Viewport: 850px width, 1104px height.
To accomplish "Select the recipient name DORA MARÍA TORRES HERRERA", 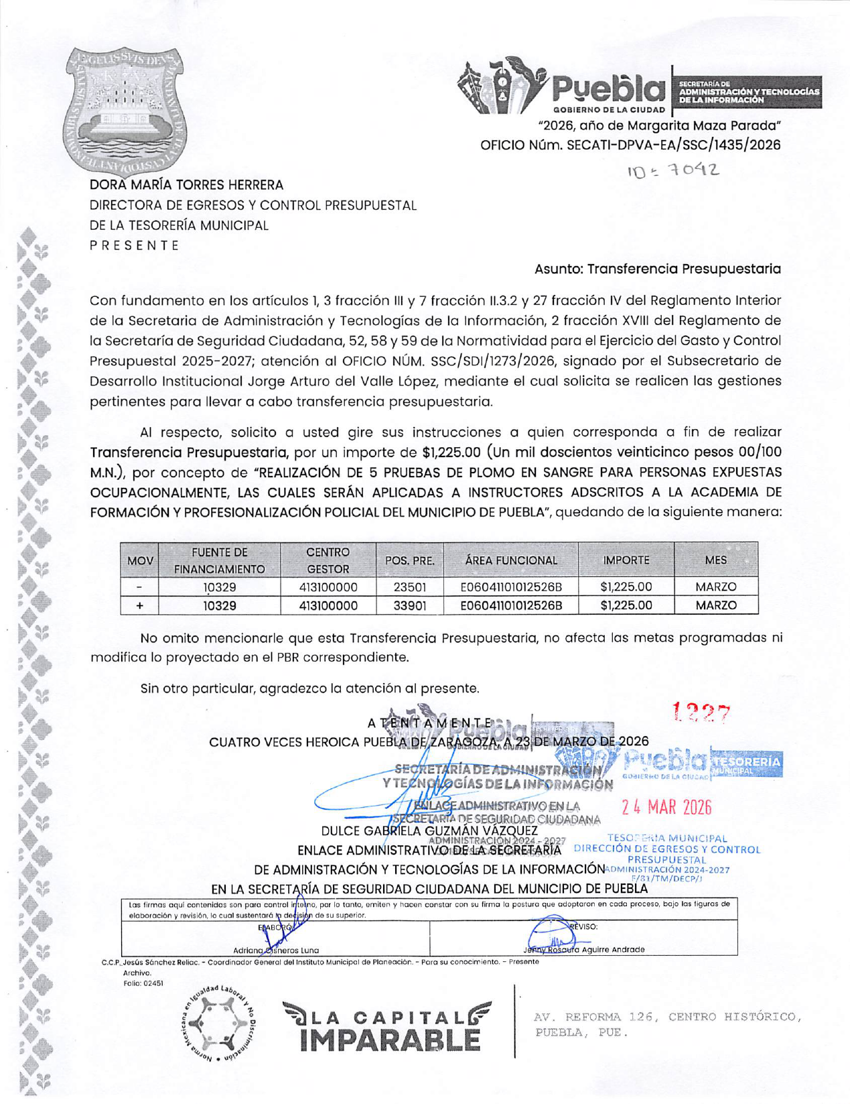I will click(x=186, y=185).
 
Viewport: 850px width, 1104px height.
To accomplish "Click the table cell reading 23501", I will click(x=409, y=587).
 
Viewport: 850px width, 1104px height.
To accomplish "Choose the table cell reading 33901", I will click(x=409, y=606).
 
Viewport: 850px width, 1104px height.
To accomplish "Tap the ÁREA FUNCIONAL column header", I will click(x=511, y=560).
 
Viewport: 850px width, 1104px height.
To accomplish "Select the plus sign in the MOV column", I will click(x=139, y=606).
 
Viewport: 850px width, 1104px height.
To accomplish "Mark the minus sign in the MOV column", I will click(x=139, y=587).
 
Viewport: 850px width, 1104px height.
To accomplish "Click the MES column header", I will click(x=715, y=560).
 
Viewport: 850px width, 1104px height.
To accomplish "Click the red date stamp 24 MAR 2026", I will click(x=666, y=807).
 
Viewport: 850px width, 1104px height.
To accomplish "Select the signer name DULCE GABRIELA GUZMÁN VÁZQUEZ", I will click(x=429, y=831).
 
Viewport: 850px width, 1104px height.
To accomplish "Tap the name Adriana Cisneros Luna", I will click(x=276, y=950).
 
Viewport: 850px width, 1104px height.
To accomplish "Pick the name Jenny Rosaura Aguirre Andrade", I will click(x=583, y=949).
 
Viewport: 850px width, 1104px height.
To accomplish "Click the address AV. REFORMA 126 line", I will click(x=666, y=1018).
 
